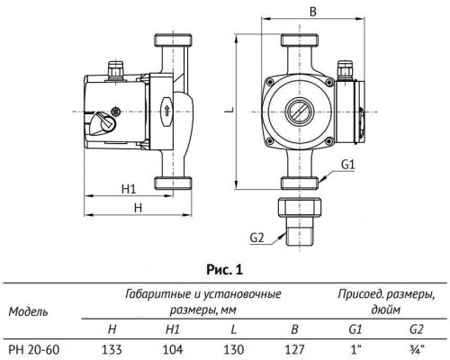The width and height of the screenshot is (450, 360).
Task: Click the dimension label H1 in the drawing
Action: coord(128,190)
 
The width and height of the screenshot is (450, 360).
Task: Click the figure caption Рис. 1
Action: coord(224,267)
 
